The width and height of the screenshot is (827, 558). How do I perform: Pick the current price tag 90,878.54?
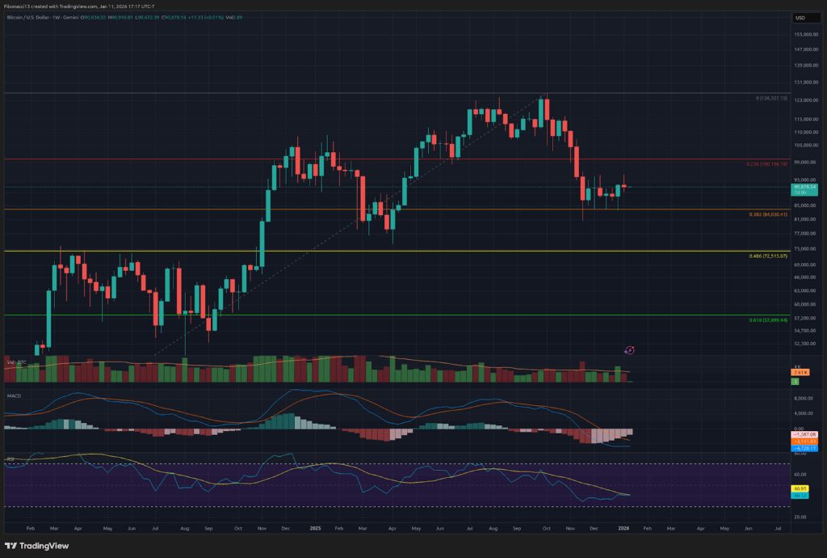[x=803, y=187]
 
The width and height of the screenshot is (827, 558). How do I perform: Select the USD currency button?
[x=801, y=17]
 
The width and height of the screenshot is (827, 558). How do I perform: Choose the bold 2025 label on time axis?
[x=315, y=526]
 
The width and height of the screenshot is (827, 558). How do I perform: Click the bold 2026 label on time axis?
[x=623, y=526]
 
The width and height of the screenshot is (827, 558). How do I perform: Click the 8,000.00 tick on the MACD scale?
[x=803, y=399]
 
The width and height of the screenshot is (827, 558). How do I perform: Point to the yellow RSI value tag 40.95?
[x=801, y=488]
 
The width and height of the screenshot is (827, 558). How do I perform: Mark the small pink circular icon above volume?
[x=630, y=349]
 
